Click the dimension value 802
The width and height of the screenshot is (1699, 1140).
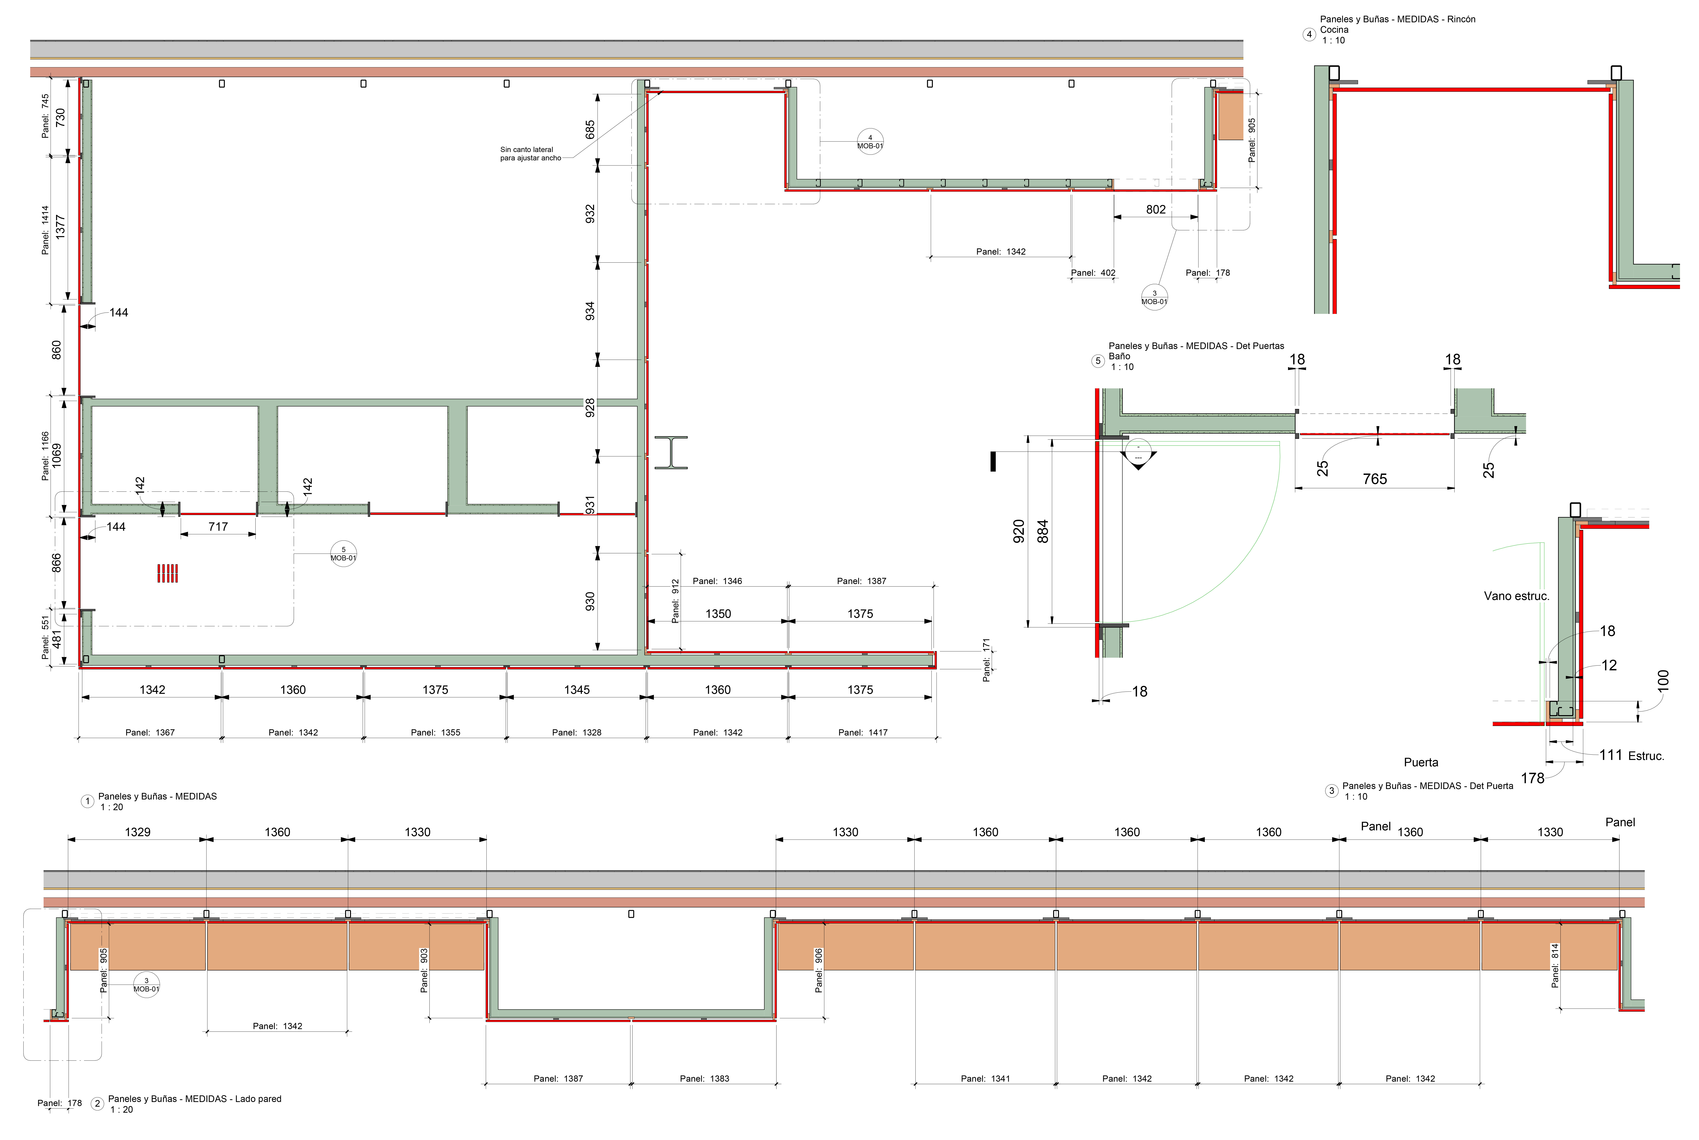pyautogui.click(x=1156, y=209)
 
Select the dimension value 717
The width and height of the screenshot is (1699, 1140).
pyautogui.click(x=218, y=526)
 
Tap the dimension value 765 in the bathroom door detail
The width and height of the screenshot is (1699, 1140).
pyautogui.click(x=1375, y=478)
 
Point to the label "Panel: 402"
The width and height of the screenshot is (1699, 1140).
pyautogui.click(x=1093, y=273)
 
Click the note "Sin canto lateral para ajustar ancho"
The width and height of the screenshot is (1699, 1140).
pyautogui.click(x=531, y=153)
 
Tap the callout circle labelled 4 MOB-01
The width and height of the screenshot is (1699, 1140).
pyautogui.click(x=870, y=141)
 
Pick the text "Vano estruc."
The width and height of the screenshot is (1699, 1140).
pyautogui.click(x=1516, y=595)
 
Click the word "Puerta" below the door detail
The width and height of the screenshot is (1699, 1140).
pyautogui.click(x=1420, y=762)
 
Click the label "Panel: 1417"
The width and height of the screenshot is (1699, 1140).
pyautogui.click(x=863, y=732)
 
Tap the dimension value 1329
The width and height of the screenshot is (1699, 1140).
pyautogui.click(x=137, y=832)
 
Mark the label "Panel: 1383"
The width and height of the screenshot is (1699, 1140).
pyautogui.click(x=704, y=1078)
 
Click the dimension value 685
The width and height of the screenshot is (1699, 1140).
pyautogui.click(x=590, y=129)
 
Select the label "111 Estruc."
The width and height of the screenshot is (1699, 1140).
pyautogui.click(x=1631, y=755)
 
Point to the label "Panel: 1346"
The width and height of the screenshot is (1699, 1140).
pyautogui.click(x=718, y=581)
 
